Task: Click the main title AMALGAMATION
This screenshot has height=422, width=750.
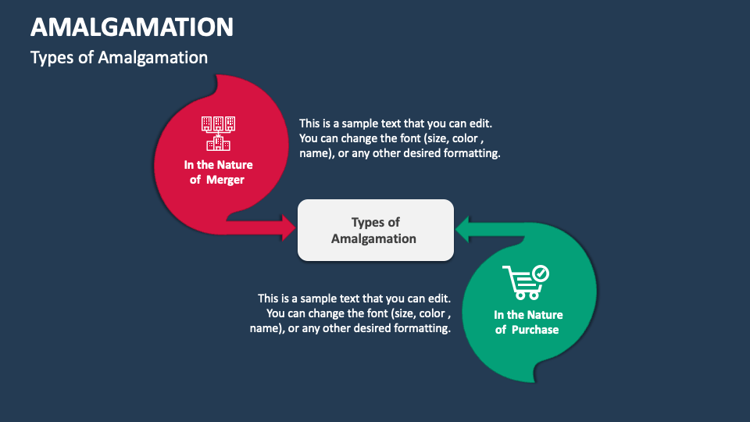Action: pos(132,27)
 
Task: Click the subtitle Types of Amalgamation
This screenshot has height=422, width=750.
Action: pos(119,58)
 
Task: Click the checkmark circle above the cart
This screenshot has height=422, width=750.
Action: pos(540,274)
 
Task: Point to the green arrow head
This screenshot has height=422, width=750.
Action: pos(463,230)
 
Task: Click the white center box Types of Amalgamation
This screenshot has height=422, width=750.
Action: pos(375,230)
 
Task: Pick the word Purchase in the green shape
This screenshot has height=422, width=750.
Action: pos(535,330)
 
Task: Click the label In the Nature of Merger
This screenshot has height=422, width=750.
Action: pos(218,172)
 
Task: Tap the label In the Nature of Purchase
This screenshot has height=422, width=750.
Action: pos(527,322)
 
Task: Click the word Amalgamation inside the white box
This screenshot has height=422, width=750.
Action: pos(373,238)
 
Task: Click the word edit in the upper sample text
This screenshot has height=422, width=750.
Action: pos(481,123)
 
